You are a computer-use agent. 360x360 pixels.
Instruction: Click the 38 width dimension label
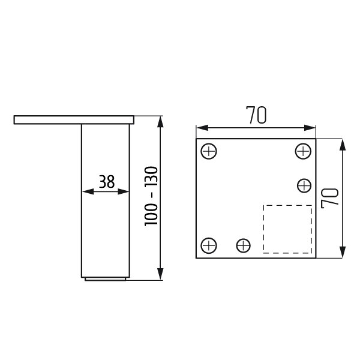click(x=107, y=182)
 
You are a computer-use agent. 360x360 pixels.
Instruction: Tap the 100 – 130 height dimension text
click(x=151, y=196)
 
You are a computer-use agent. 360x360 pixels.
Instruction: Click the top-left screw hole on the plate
click(x=209, y=151)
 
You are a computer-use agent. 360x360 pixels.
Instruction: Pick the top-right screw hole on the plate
click(x=303, y=151)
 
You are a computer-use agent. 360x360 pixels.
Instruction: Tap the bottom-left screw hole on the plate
click(x=209, y=245)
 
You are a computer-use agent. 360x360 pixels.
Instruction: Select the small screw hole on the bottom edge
click(x=244, y=245)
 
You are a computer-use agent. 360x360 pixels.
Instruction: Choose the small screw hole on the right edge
click(x=304, y=185)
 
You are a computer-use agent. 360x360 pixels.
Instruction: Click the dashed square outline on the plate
click(x=263, y=229)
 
